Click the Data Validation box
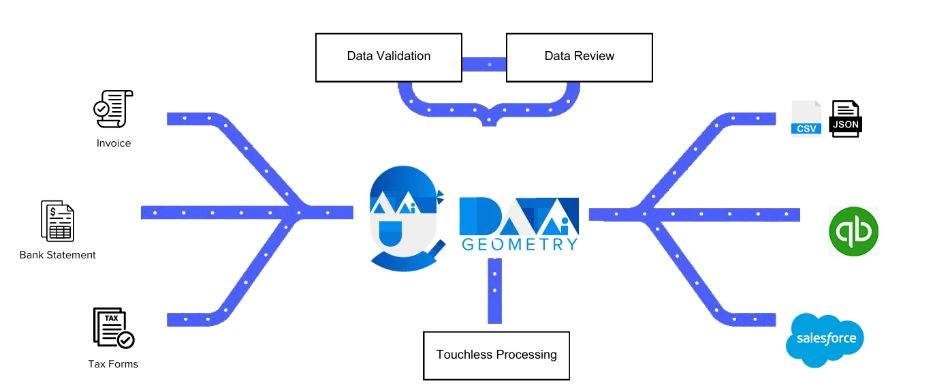click(389, 57)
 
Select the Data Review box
click(579, 57)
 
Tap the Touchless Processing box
click(496, 355)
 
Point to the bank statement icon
click(58, 221)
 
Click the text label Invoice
click(114, 143)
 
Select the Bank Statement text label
click(58, 255)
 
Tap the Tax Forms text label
click(113, 364)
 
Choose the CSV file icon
click(806, 119)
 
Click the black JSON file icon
click(844, 119)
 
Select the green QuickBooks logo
click(853, 231)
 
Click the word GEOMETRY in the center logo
click(520, 244)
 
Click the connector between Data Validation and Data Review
click(484, 64)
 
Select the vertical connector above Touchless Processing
click(495, 290)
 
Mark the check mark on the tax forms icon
click(126, 340)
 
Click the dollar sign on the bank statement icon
click(52, 212)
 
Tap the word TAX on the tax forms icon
click(110, 318)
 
